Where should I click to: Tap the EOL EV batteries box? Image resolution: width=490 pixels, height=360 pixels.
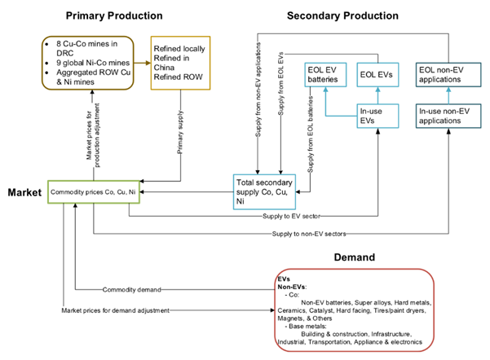coord(327,75)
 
